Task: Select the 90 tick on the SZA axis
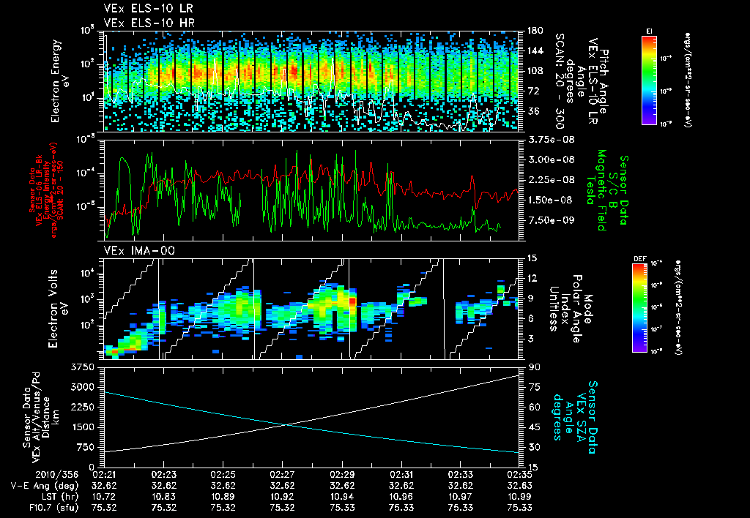534,367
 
